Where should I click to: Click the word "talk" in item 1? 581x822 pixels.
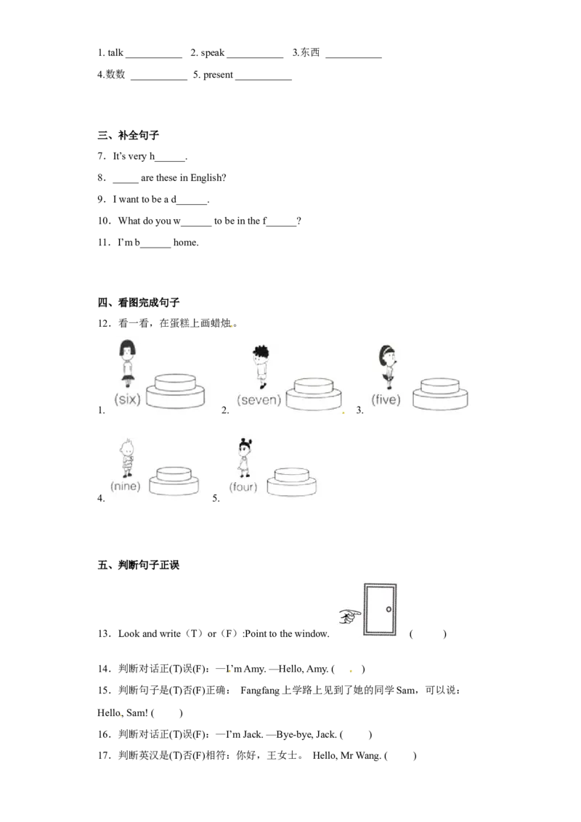pyautogui.click(x=115, y=52)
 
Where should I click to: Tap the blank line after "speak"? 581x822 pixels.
pyautogui.click(x=255, y=57)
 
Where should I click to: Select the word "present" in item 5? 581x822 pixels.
pyautogui.click(x=218, y=75)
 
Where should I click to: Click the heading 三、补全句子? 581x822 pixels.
pyautogui.click(x=129, y=135)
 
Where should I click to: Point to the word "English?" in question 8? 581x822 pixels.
pyautogui.click(x=208, y=178)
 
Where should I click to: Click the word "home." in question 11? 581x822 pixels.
pyautogui.click(x=186, y=243)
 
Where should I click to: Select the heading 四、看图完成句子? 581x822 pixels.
pyautogui.click(x=139, y=303)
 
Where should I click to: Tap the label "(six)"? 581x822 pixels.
pyautogui.click(x=127, y=399)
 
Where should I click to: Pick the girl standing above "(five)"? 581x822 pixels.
pyautogui.click(x=388, y=367)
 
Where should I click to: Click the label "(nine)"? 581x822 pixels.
pyautogui.click(x=126, y=486)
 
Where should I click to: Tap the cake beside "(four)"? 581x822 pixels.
pyautogui.click(x=291, y=481)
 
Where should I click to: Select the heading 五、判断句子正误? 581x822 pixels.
pyautogui.click(x=139, y=565)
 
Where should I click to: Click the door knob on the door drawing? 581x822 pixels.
pyautogui.click(x=389, y=609)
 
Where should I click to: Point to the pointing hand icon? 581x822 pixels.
pyautogui.click(x=350, y=616)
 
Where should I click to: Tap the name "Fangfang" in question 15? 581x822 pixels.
pyautogui.click(x=260, y=691)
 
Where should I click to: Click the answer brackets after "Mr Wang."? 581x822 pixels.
pyautogui.click(x=401, y=756)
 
